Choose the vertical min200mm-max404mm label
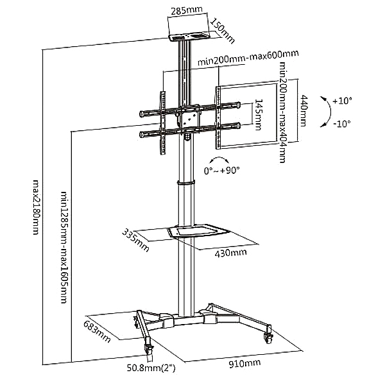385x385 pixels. (282, 115)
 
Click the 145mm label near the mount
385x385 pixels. (258, 115)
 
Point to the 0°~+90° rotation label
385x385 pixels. (221, 171)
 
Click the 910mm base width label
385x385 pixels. (244, 363)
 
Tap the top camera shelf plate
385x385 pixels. (189, 37)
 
